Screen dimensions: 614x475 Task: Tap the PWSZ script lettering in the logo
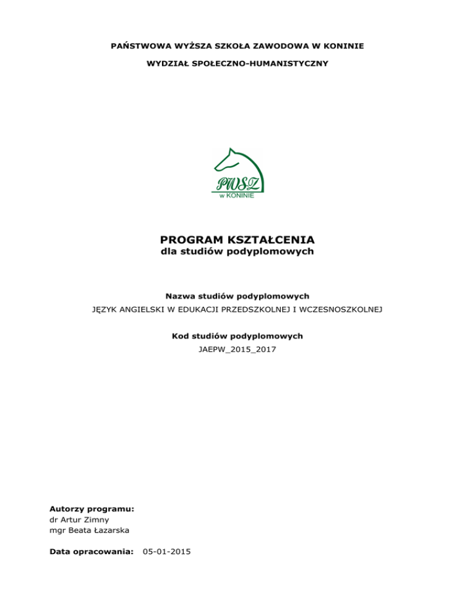[237, 184]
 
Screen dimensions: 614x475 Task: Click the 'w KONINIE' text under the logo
[237, 196]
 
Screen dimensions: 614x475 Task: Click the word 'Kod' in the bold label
[180, 336]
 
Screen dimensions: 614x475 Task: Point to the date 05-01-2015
[166, 550]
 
